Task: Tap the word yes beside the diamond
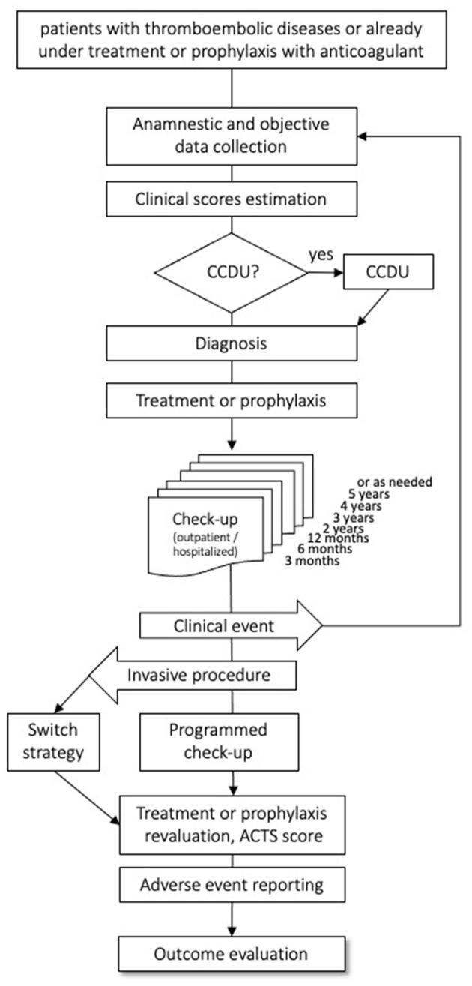321,254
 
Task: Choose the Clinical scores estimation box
231,200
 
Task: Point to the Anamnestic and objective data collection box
231,136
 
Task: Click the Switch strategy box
54,742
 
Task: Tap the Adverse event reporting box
231,884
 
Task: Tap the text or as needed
395,481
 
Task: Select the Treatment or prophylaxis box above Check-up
231,400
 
